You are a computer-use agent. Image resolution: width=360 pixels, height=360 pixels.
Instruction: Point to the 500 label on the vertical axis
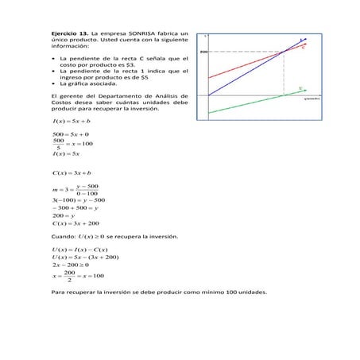[203, 52]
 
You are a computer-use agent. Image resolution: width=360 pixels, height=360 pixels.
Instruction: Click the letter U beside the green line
[300, 87]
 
